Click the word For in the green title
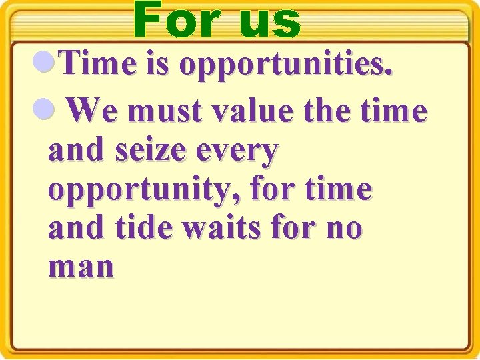coord(175,20)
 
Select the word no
coord(343,229)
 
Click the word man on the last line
coord(81,268)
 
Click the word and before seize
coord(76,151)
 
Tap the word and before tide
coord(76,228)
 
